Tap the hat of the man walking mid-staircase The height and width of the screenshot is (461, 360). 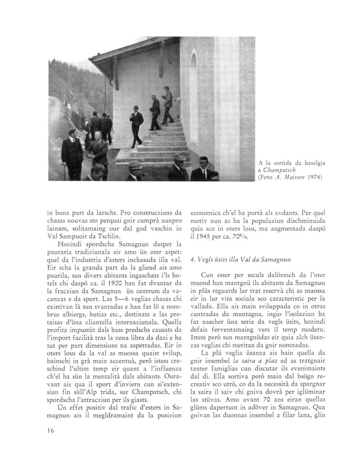point(136,107)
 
